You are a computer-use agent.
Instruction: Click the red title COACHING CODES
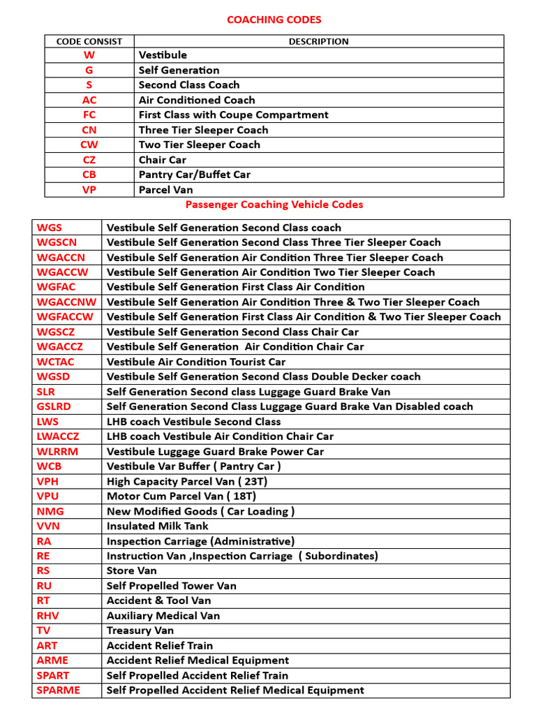pyautogui.click(x=274, y=20)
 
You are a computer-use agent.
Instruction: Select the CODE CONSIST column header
pyautogui.click(x=89, y=41)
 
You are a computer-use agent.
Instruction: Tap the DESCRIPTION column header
pyautogui.click(x=318, y=41)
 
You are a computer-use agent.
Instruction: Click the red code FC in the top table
pyautogui.click(x=89, y=115)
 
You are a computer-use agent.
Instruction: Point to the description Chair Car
pyautogui.click(x=162, y=160)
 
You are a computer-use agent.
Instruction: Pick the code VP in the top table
pyautogui.click(x=89, y=190)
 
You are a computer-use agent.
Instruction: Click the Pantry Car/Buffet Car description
pyautogui.click(x=194, y=175)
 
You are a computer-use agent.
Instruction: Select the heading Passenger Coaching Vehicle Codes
pyautogui.click(x=274, y=205)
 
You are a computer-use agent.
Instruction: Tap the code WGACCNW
pyautogui.click(x=67, y=302)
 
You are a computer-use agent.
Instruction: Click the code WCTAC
pyautogui.click(x=55, y=362)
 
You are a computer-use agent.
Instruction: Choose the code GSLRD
pyautogui.click(x=54, y=406)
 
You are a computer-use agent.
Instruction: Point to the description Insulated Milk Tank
pyautogui.click(x=157, y=526)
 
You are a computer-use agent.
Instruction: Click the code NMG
pyautogui.click(x=50, y=511)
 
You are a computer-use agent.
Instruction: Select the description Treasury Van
pyautogui.click(x=140, y=631)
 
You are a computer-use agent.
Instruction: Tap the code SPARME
pyautogui.click(x=58, y=690)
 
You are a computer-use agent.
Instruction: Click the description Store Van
pyautogui.click(x=131, y=570)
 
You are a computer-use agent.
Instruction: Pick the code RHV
pyautogui.click(x=48, y=616)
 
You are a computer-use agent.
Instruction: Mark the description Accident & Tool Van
pyautogui.click(x=158, y=600)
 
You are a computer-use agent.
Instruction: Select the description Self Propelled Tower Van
pyautogui.click(x=171, y=586)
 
